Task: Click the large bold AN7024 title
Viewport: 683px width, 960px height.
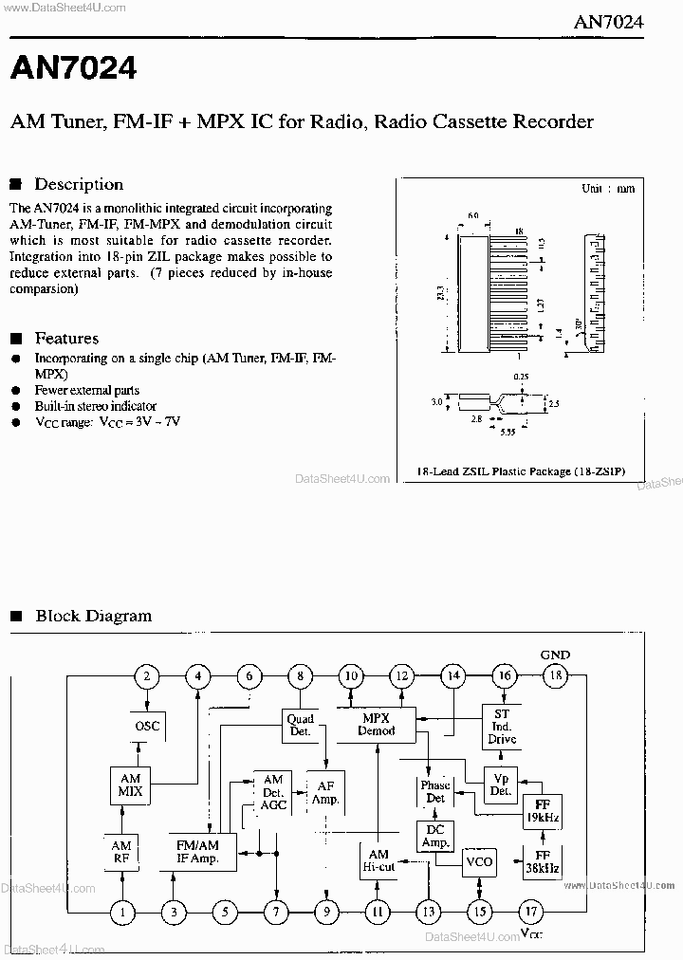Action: tap(73, 67)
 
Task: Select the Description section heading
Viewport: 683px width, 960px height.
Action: tap(79, 184)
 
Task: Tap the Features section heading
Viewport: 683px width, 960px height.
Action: tap(66, 338)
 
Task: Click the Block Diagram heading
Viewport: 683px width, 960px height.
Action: tap(93, 616)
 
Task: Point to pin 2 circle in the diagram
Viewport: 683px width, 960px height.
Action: tap(146, 676)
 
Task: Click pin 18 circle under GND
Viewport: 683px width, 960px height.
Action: tap(555, 676)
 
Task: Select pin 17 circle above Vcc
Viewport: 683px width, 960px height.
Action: tap(530, 913)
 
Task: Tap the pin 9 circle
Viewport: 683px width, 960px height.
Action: tap(325, 913)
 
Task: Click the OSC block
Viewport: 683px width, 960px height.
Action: tap(147, 727)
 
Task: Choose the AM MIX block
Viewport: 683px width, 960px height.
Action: tap(130, 785)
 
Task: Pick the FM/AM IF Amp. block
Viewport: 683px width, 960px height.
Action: tap(197, 852)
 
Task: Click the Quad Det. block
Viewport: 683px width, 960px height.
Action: tap(300, 726)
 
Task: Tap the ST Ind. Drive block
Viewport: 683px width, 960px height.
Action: tap(502, 727)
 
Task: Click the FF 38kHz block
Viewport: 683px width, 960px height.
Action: tap(542, 860)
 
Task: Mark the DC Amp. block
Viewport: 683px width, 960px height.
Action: tap(435, 837)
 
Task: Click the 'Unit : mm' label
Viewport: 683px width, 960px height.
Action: tap(607, 189)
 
